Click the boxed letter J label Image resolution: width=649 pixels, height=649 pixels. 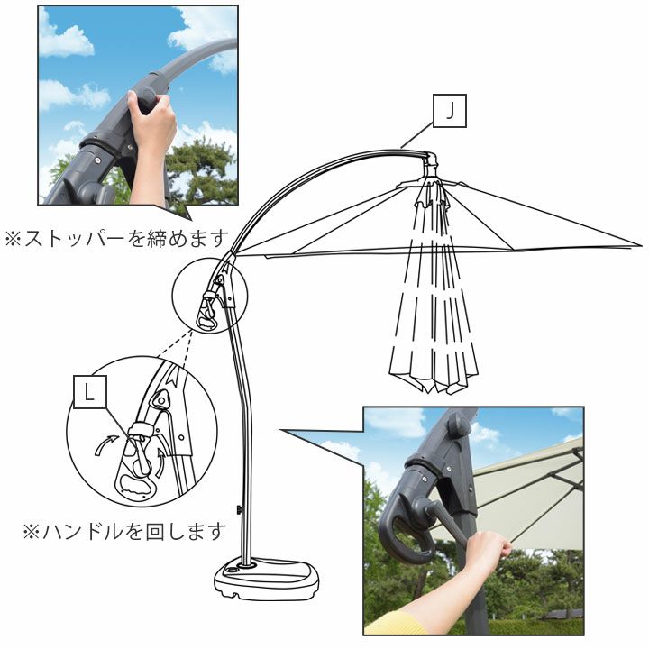click(x=450, y=111)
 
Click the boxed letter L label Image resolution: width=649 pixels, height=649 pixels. click(x=90, y=392)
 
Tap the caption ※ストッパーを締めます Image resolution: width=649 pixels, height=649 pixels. click(x=116, y=239)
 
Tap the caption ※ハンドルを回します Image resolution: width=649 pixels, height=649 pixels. click(x=124, y=532)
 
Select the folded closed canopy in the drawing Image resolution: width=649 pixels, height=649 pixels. click(x=434, y=289)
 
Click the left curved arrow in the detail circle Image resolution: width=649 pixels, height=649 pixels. click(x=105, y=444)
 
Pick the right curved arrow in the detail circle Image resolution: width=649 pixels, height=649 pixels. click(x=160, y=462)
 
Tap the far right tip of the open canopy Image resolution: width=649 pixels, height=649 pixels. click(x=642, y=245)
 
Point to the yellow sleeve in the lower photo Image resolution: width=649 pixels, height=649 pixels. click(x=393, y=624)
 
